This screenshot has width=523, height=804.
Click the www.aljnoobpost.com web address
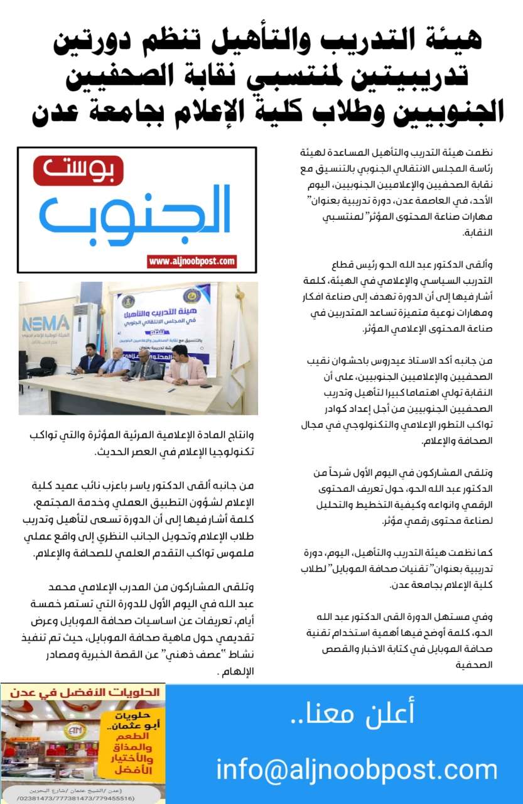coord(192,261)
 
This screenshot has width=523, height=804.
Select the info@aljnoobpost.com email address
coord(357,770)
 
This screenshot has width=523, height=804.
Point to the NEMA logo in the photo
coord(45,323)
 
